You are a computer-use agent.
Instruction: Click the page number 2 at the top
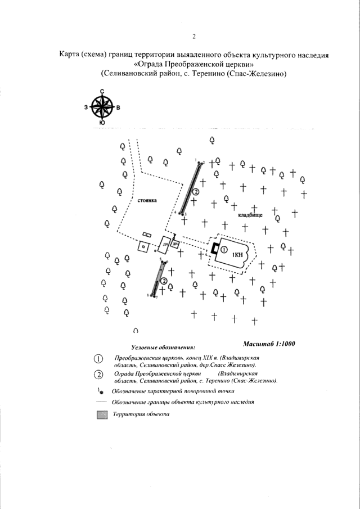193,37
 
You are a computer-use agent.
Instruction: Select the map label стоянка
146,200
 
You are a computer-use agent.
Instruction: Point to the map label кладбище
250,215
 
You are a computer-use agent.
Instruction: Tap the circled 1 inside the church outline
224,249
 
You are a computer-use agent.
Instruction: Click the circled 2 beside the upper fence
196,192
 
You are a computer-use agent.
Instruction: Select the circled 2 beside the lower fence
163,281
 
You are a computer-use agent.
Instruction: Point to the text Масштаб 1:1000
269,344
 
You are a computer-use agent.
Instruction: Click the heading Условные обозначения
163,348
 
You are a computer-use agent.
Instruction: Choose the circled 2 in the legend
98,375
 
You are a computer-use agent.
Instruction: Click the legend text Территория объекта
141,415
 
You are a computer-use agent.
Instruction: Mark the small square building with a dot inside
143,246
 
